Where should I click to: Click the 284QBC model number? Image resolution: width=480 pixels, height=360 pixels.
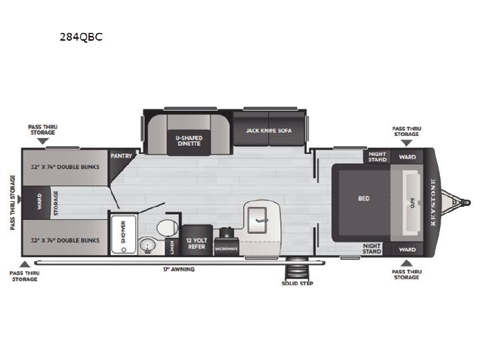tap(81, 37)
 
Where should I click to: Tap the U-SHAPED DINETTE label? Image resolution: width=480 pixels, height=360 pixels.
tap(189, 141)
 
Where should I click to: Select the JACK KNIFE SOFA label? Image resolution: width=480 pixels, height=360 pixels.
tap(269, 131)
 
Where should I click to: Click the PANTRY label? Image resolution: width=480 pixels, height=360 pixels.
tap(121, 156)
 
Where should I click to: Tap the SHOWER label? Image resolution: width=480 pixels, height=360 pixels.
tap(123, 232)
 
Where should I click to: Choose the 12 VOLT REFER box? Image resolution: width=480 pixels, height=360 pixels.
tap(197, 240)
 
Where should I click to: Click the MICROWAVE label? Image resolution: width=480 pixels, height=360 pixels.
tap(226, 249)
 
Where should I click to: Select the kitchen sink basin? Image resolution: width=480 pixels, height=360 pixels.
tap(257, 219)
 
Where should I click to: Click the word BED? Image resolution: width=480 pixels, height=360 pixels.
tap(364, 199)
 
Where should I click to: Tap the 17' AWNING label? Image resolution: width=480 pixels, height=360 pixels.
tap(179, 269)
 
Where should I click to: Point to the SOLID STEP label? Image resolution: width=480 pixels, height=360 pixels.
tap(297, 283)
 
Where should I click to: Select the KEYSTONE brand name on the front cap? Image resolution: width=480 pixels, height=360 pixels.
tap(433, 202)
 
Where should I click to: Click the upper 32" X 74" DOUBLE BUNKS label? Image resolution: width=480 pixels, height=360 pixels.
tap(65, 167)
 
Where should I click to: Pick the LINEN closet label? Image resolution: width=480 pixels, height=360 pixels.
tap(172, 247)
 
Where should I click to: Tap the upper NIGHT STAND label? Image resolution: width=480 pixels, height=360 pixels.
tap(377, 157)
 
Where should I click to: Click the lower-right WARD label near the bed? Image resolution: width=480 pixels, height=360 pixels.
tap(407, 249)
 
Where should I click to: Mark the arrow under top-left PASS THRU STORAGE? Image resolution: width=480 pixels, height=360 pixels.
tap(43, 141)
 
